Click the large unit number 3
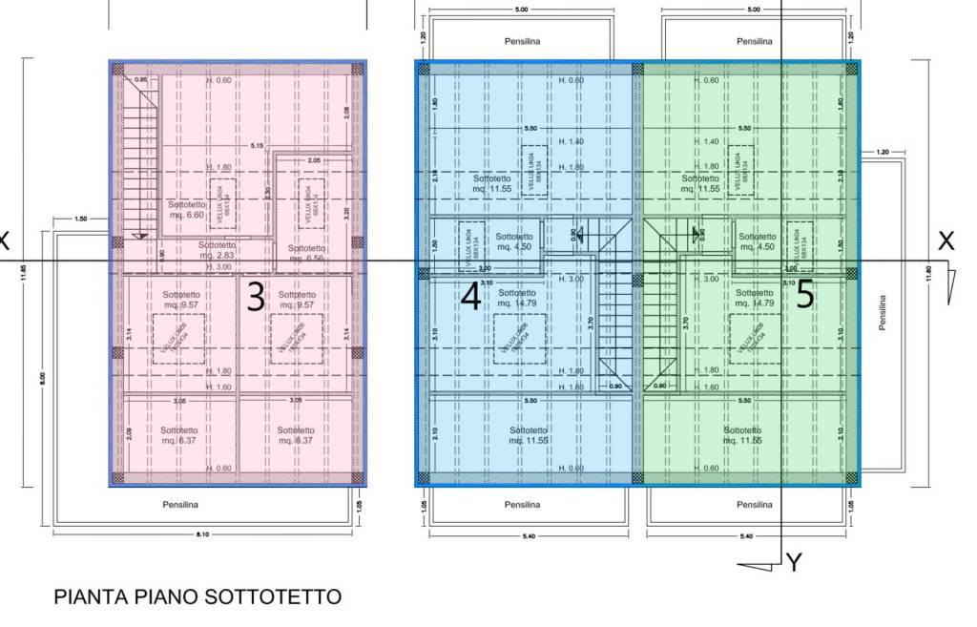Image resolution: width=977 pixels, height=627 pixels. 256,298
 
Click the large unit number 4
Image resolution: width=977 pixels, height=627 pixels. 469,298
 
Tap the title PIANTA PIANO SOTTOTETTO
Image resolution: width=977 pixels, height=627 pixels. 197,597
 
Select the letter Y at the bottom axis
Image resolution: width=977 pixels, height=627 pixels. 794,563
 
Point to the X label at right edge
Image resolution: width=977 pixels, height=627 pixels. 946,241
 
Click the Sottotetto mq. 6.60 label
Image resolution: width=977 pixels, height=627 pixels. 187,210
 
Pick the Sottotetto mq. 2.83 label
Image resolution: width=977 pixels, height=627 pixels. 218,250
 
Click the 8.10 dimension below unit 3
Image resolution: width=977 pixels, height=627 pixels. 201,534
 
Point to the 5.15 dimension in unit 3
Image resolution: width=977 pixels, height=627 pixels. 257,146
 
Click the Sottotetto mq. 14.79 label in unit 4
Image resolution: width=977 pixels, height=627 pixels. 516,299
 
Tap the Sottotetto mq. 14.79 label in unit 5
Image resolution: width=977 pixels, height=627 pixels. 755,299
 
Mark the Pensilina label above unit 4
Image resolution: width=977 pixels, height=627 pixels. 524,42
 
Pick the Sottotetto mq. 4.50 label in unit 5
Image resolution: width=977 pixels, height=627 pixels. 758,241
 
